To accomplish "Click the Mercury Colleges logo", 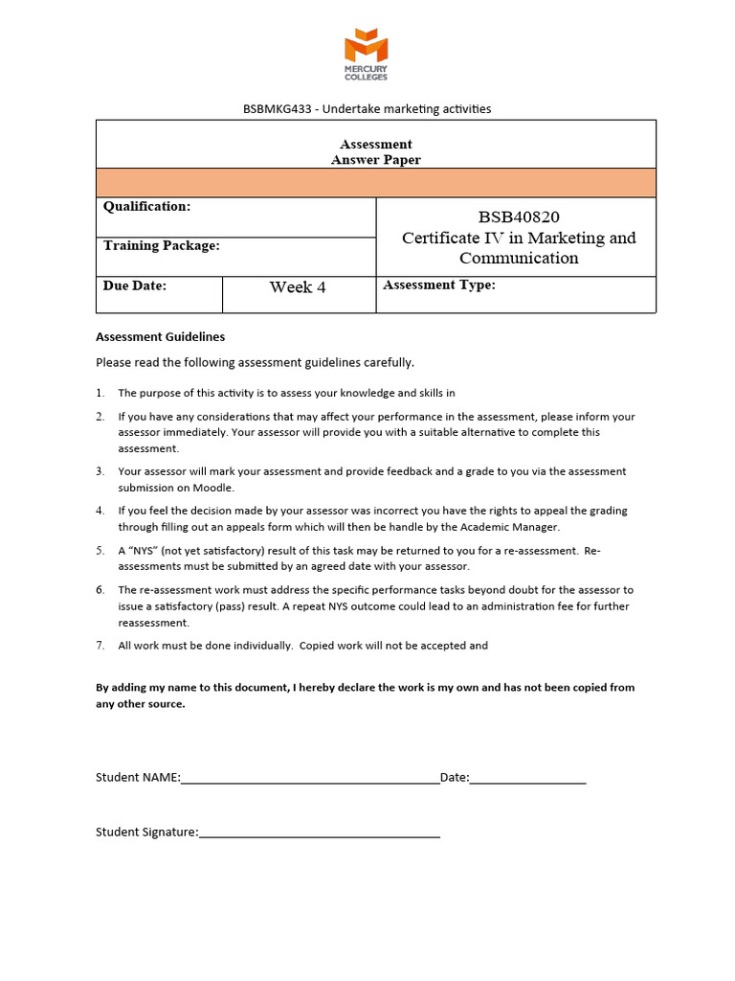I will (x=367, y=54).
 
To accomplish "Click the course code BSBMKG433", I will (x=278, y=109).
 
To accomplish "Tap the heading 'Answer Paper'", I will (x=376, y=160).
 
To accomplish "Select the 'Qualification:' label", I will (x=146, y=206).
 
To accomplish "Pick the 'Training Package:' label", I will (x=161, y=245).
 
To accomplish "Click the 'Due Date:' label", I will (x=135, y=285).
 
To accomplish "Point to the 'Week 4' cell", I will (x=298, y=287).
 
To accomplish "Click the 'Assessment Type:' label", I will (x=439, y=285).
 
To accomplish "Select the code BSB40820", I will (x=519, y=217).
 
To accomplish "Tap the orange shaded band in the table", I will (x=376, y=182).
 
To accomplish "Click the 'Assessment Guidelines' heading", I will (x=161, y=337).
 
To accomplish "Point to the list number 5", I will (x=100, y=551).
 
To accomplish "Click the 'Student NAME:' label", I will (x=138, y=778).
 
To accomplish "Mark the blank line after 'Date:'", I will (x=527, y=780).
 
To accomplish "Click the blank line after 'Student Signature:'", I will (x=320, y=833).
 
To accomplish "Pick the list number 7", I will (x=100, y=646).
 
